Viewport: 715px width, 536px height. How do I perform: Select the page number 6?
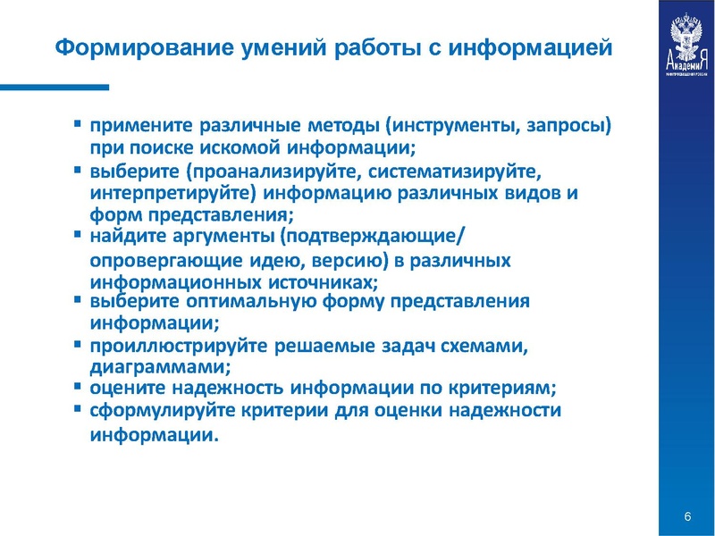click(x=687, y=518)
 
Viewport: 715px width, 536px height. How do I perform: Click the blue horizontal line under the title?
click(x=55, y=87)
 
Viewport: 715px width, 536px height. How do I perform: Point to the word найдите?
click(x=124, y=237)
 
